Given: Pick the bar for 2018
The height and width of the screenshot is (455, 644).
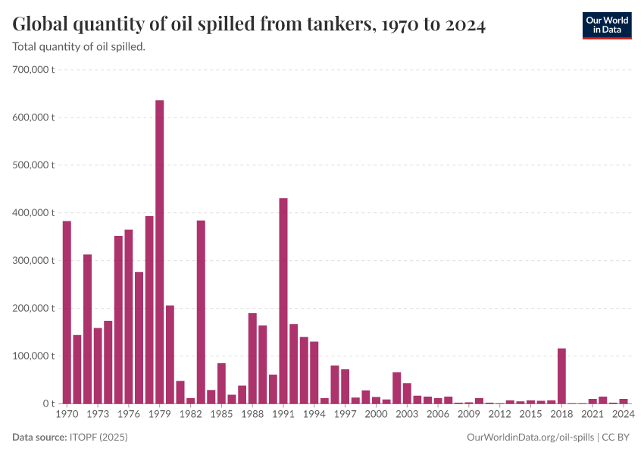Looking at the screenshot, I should point(561,376).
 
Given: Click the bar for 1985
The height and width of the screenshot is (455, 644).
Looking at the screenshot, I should point(221,384).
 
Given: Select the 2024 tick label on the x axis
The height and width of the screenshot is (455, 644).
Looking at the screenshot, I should point(624,415).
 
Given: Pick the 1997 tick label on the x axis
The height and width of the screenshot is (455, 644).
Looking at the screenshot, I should point(345,415).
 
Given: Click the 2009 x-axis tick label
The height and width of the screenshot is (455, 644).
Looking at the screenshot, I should point(469,415).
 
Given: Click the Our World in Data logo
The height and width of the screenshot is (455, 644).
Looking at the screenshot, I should point(607,25).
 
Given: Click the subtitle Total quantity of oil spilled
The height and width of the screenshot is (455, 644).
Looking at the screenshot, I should point(80,47).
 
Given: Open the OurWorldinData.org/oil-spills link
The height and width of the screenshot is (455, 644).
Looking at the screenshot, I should point(530,438).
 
